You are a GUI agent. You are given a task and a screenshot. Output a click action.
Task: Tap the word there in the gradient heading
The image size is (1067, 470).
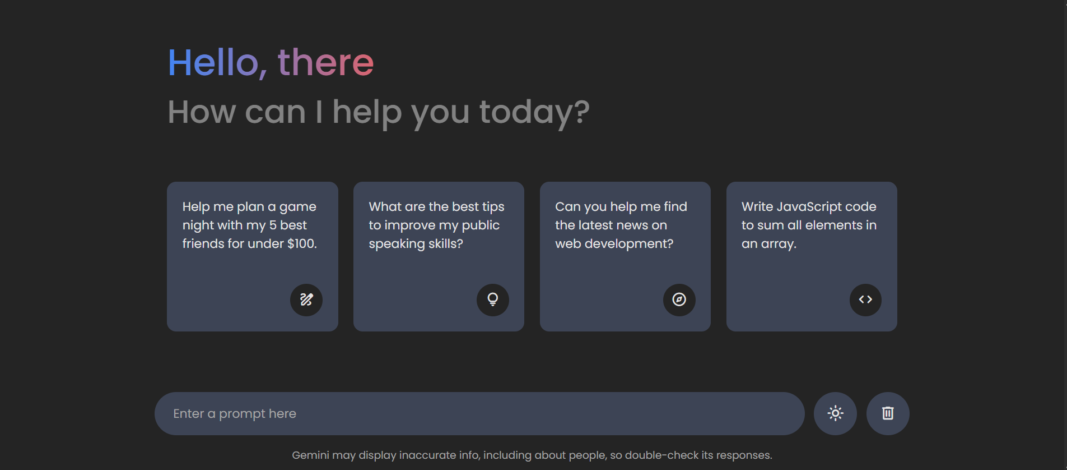point(325,62)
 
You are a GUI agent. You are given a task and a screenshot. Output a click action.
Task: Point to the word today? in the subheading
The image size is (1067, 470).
point(534,113)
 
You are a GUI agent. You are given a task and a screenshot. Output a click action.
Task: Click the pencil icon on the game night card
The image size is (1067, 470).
point(306,299)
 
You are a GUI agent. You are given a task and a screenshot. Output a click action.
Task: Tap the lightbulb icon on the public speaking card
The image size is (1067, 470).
point(493,299)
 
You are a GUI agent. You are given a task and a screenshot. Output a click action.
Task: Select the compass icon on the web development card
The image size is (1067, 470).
point(679,299)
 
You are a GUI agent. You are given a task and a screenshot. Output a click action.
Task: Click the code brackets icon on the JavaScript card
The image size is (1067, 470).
point(865,299)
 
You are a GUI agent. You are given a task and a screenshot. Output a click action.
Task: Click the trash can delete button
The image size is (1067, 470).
point(888,413)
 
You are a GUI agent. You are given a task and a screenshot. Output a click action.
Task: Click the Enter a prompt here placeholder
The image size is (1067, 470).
point(235,414)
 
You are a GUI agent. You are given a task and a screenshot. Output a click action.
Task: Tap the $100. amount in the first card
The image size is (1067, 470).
point(302,243)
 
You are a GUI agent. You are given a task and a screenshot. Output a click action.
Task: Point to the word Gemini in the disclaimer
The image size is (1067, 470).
point(311,455)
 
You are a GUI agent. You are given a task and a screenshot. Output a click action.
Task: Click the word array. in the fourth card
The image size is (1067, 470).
point(779,244)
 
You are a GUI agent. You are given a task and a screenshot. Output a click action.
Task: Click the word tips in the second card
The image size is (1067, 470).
point(493,207)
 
